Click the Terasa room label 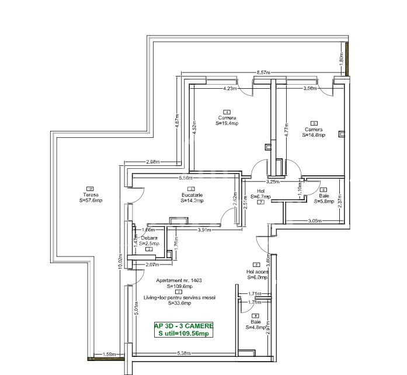pyautogui.click(x=90, y=195)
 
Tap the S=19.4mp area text pyautogui.click(x=227, y=123)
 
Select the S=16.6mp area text pyautogui.click(x=314, y=135)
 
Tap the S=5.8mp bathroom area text pyautogui.click(x=323, y=202)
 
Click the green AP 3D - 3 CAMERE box pyautogui.click(x=183, y=329)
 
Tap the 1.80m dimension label pyautogui.click(x=340, y=58)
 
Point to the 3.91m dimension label pyautogui.click(x=203, y=230)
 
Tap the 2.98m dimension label pyautogui.click(x=154, y=162)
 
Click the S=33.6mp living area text pyautogui.click(x=180, y=303)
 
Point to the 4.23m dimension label pyautogui.click(x=230, y=89)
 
